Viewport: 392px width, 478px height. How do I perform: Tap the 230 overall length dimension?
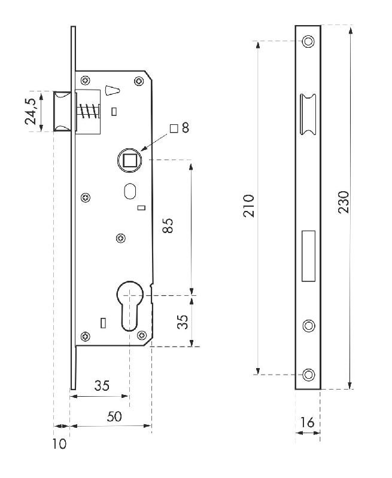[344, 202]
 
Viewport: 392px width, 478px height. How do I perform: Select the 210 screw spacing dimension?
[248, 206]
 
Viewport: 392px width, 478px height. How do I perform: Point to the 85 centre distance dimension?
[168, 226]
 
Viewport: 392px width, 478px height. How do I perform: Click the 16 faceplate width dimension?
[307, 422]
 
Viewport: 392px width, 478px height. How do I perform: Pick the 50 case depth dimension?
[114, 416]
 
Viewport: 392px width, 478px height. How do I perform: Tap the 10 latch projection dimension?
[59, 444]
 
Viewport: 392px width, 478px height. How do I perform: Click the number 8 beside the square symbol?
[186, 128]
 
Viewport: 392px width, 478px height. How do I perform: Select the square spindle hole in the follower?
[129, 160]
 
